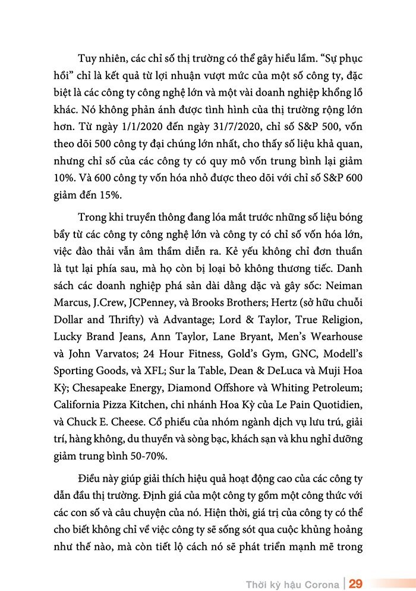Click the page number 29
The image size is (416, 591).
pos(356,582)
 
